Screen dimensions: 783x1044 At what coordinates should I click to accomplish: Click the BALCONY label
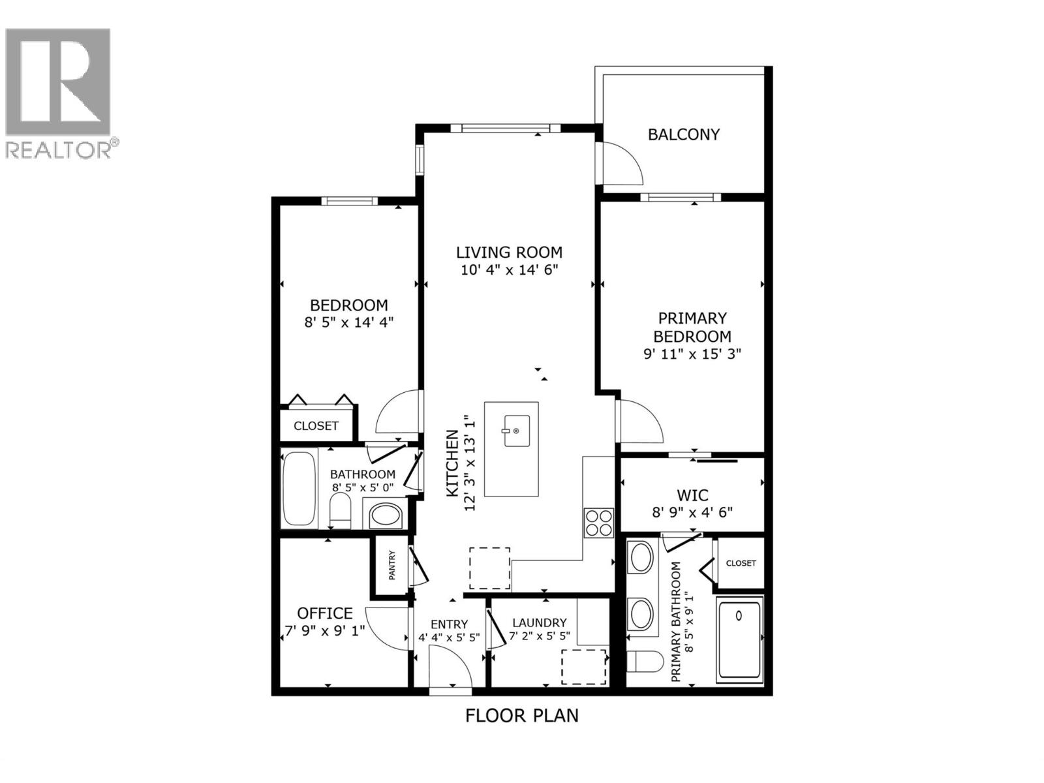click(x=683, y=134)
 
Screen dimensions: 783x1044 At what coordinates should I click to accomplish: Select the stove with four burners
click(x=598, y=522)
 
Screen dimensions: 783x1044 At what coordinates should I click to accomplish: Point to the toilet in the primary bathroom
click(x=640, y=661)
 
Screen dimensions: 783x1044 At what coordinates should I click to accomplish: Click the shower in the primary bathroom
click(x=739, y=640)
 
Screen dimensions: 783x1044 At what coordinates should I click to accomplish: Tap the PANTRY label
click(x=392, y=565)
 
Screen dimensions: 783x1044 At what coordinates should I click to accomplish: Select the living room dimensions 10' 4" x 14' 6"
click(x=510, y=270)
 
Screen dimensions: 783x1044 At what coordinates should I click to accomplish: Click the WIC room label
click(x=692, y=495)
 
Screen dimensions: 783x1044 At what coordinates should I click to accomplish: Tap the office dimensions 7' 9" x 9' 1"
click(x=324, y=631)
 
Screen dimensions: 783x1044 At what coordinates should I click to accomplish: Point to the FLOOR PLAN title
click(x=521, y=716)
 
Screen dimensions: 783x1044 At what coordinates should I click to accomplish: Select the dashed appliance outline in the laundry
click(x=584, y=666)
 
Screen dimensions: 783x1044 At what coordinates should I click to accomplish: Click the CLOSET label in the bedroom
click(x=316, y=426)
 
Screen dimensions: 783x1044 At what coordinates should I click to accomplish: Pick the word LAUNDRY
click(x=539, y=623)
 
